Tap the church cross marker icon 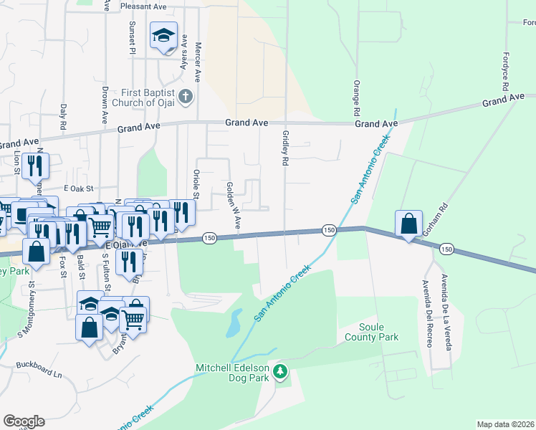pyautogui.click(x=186, y=97)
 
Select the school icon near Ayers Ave pyautogui.click(x=163, y=34)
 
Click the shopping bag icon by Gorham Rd pyautogui.click(x=408, y=224)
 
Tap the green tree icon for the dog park pyautogui.click(x=281, y=372)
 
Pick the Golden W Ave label pyautogui.click(x=233, y=205)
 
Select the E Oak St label pyautogui.click(x=79, y=188)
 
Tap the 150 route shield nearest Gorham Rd pyautogui.click(x=447, y=249)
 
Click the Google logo pyautogui.click(x=24, y=421)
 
